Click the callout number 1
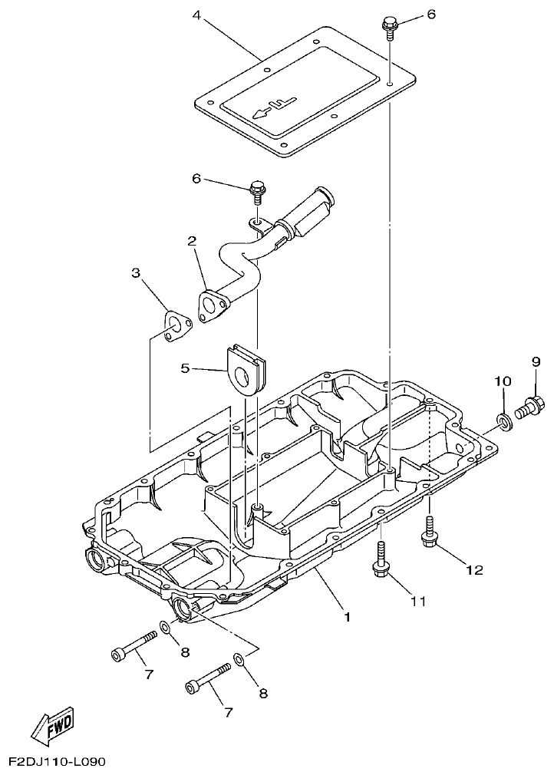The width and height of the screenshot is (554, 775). click(346, 615)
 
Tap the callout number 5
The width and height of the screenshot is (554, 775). click(185, 368)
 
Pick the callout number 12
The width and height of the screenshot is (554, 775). click(473, 569)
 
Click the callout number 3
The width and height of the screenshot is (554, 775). click(136, 272)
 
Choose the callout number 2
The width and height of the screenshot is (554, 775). click(192, 241)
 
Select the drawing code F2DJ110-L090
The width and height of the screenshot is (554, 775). click(57, 762)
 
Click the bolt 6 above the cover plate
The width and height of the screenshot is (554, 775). click(390, 26)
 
